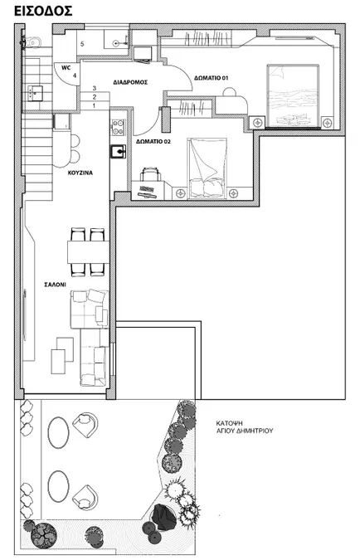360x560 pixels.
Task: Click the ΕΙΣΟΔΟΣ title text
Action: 43,11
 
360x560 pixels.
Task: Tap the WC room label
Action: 66,67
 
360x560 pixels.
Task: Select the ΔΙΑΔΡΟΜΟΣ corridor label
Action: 130,82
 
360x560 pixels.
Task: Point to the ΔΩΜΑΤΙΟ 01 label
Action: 211,78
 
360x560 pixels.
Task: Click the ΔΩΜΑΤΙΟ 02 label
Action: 153,141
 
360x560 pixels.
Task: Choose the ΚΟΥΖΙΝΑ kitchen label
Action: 80,173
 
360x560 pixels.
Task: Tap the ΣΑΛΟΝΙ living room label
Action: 55,285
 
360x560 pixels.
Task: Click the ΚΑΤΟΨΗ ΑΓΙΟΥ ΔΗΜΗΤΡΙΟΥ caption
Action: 244,426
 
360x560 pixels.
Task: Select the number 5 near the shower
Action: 82,44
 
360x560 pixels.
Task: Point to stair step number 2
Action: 95,97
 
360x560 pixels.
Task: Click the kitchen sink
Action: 119,152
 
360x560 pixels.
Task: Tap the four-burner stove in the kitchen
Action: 119,128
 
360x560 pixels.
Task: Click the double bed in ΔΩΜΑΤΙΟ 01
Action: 293,95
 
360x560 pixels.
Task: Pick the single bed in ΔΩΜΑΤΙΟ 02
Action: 207,168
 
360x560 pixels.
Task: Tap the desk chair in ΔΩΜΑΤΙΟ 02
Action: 150,174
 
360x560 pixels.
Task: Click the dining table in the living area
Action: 88,251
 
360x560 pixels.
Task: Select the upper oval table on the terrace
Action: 59,432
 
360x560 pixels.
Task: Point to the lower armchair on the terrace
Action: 85,497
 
